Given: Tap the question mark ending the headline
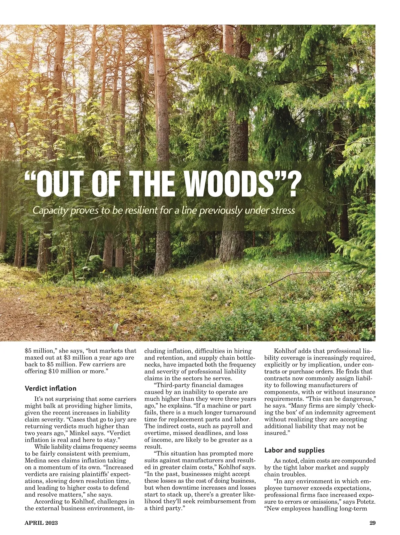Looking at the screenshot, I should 290,184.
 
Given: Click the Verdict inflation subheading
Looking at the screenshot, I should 50,388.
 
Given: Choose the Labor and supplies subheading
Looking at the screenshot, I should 294,450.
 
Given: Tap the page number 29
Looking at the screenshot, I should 372,523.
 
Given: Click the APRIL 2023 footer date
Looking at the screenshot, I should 41,523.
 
